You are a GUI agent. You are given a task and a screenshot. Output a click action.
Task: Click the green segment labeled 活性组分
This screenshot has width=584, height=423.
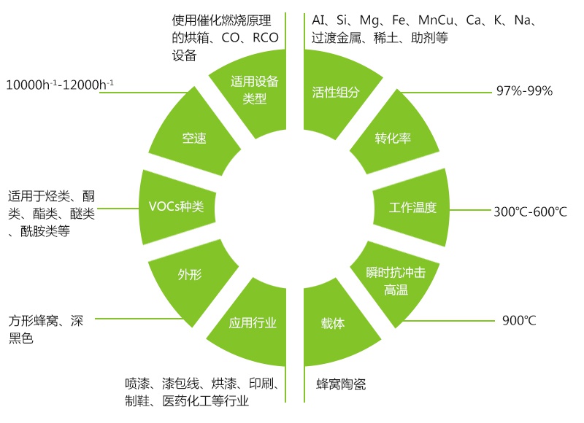(x=335, y=93)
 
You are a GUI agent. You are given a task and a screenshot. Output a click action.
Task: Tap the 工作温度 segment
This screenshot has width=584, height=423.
(x=412, y=208)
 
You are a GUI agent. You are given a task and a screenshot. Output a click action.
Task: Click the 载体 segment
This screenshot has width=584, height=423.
(x=334, y=324)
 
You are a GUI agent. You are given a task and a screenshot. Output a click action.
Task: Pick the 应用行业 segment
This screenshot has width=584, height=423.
(x=253, y=323)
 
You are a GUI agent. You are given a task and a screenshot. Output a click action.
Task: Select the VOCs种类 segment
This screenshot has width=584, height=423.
(x=177, y=207)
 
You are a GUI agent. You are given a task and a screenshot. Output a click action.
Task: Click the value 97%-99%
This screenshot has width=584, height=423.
(x=524, y=90)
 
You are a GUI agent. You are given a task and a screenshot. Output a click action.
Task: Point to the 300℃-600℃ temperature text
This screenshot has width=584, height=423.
(x=531, y=211)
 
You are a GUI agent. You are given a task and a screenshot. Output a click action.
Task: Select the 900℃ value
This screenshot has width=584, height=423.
(x=519, y=320)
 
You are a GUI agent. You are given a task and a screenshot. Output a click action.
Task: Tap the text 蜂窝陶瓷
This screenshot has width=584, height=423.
(x=341, y=384)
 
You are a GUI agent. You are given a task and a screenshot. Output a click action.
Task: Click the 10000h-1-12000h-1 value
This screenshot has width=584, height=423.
(x=60, y=85)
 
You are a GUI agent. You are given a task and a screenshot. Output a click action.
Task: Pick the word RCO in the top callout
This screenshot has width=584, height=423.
(x=266, y=38)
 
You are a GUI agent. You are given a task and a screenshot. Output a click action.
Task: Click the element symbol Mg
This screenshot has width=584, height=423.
(x=369, y=20)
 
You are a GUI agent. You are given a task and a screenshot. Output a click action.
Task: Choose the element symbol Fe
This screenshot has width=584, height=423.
(x=399, y=20)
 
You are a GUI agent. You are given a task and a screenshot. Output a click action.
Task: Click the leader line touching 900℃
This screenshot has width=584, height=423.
(x=449, y=320)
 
